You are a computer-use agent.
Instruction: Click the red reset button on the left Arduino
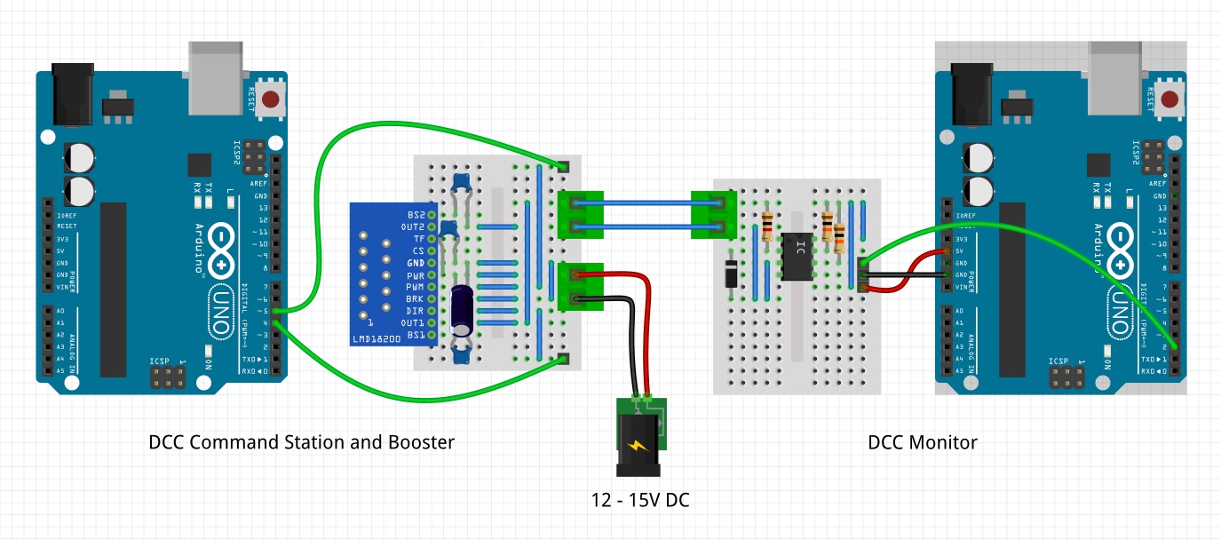point(272,99)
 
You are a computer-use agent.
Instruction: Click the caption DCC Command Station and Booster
point(302,442)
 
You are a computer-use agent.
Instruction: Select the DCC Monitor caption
point(923,442)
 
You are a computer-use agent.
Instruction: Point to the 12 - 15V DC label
point(640,500)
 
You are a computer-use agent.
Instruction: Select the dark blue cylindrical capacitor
point(462,310)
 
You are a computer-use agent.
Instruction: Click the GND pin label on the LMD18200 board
point(415,264)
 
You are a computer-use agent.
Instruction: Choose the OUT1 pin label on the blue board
point(412,323)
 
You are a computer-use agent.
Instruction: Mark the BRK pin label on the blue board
point(415,299)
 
